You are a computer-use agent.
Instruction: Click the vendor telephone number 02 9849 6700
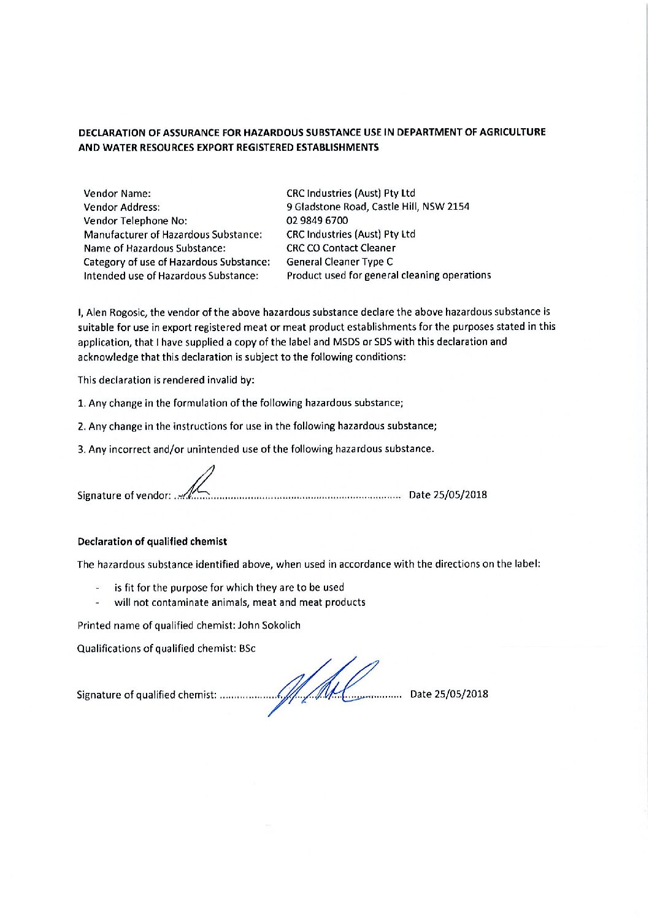click(317, 221)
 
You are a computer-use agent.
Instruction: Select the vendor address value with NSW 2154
click(378, 207)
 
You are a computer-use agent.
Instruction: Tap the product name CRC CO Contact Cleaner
click(341, 248)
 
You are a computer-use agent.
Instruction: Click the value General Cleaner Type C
click(340, 262)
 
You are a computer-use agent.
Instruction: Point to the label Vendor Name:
click(117, 193)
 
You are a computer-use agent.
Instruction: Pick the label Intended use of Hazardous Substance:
click(171, 276)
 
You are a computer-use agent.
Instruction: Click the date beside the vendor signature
click(448, 495)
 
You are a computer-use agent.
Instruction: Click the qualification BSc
click(248, 648)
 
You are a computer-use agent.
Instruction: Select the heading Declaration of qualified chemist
click(152, 542)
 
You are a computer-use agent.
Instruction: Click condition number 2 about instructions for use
click(257, 426)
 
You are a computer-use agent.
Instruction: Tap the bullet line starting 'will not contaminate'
click(239, 602)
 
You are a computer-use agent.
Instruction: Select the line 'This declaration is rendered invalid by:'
click(166, 380)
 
